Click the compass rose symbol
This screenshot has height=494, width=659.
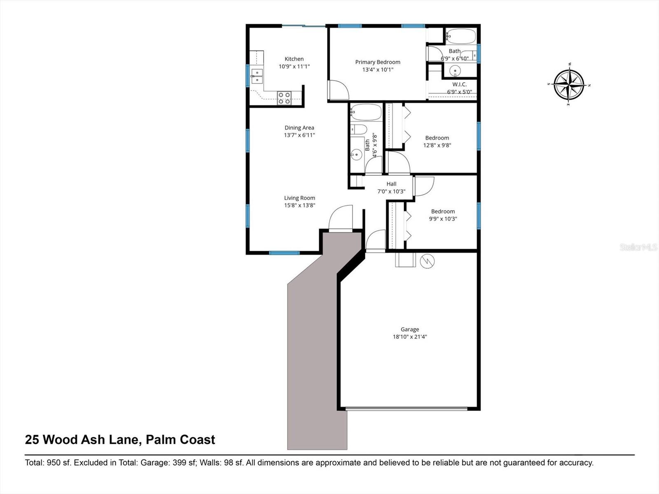pos(569,85)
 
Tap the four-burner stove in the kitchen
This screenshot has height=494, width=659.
pos(284,98)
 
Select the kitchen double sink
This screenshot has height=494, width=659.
pos(257,76)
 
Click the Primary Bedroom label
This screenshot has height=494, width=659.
pos(378,62)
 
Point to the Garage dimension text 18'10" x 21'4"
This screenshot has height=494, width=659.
pos(410,337)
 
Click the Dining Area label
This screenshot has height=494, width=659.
pos(299,128)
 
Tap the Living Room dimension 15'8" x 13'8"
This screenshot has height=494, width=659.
pos(299,205)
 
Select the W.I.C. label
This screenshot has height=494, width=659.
pos(459,84)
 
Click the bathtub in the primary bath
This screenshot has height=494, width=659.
pos(460,36)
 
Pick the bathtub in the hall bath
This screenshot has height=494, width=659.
pos(366,112)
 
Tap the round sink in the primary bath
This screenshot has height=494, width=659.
pos(455,71)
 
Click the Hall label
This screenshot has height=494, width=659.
pos(391,184)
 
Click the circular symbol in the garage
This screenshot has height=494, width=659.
pos(427,261)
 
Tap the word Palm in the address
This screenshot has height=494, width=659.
pos(162,440)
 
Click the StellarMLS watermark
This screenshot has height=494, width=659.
pos(638,247)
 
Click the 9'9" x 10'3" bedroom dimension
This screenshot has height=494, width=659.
pos(443,219)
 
